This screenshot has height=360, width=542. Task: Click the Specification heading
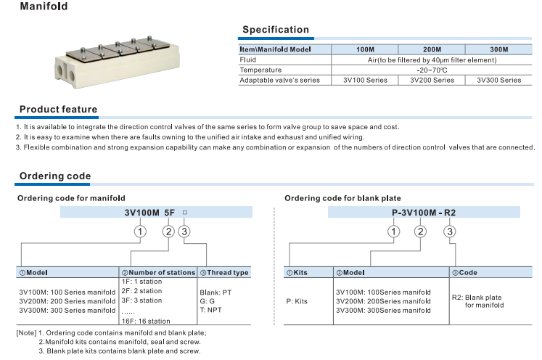pyautogui.click(x=275, y=30)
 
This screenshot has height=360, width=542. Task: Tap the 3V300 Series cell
pyautogui.click(x=498, y=80)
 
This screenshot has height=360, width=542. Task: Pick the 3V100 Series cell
pyautogui.click(x=365, y=80)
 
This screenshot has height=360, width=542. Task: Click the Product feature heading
pyautogui.click(x=58, y=110)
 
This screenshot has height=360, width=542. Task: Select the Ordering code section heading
pyautogui.click(x=55, y=176)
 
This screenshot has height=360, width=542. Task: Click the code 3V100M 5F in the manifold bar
pyautogui.click(x=144, y=213)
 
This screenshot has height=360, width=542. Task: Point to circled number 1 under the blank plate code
pyautogui.click(x=393, y=232)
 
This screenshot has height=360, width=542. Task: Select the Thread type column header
pyautogui.click(x=223, y=273)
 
